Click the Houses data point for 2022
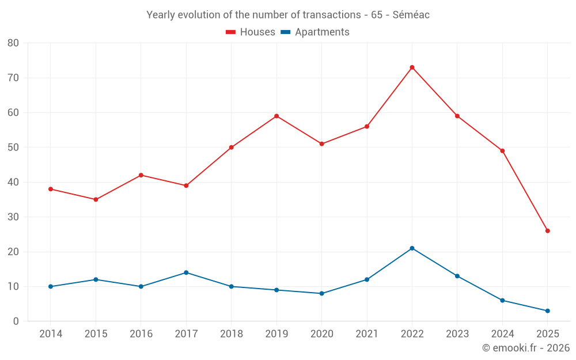point(412,67)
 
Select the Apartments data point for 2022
point(412,248)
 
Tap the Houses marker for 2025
point(548,231)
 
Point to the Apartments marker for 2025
point(548,311)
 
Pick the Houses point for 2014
point(51,189)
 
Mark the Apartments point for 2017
point(186,272)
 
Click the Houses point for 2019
point(276,116)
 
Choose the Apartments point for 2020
point(321,294)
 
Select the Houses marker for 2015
point(96,199)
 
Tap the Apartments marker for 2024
point(502,301)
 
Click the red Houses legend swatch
point(230,32)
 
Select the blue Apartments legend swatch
point(285,32)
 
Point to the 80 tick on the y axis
point(13,43)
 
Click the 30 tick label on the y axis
point(13,217)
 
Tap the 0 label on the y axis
point(16,321)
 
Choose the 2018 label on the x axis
point(231,334)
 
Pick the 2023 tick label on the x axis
point(457,334)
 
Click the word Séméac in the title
point(411,15)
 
